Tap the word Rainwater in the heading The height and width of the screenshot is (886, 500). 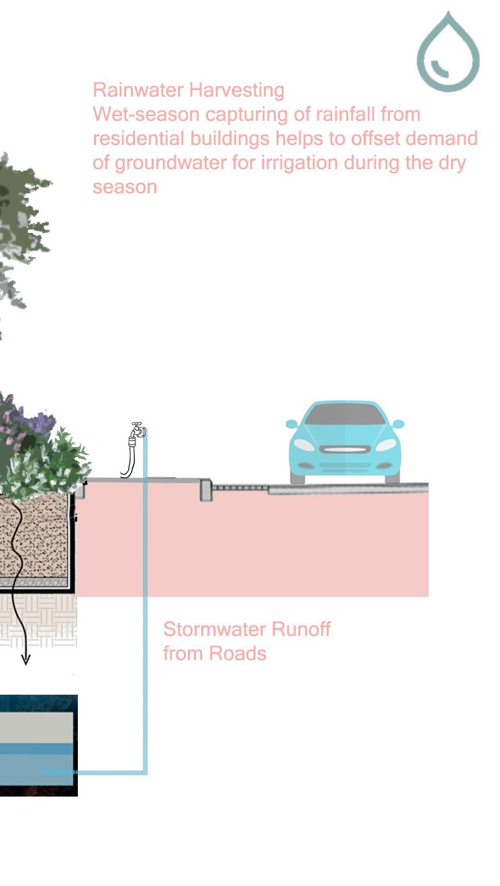click(138, 90)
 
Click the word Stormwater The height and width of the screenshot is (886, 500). click(206, 630)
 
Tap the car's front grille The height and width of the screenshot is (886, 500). click(345, 449)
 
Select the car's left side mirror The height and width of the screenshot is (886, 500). click(291, 424)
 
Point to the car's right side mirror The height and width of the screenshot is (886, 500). click(398, 424)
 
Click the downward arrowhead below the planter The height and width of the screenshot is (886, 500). click(25, 660)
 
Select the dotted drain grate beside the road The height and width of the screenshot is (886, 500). click(240, 488)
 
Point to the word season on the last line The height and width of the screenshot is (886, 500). click(125, 187)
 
